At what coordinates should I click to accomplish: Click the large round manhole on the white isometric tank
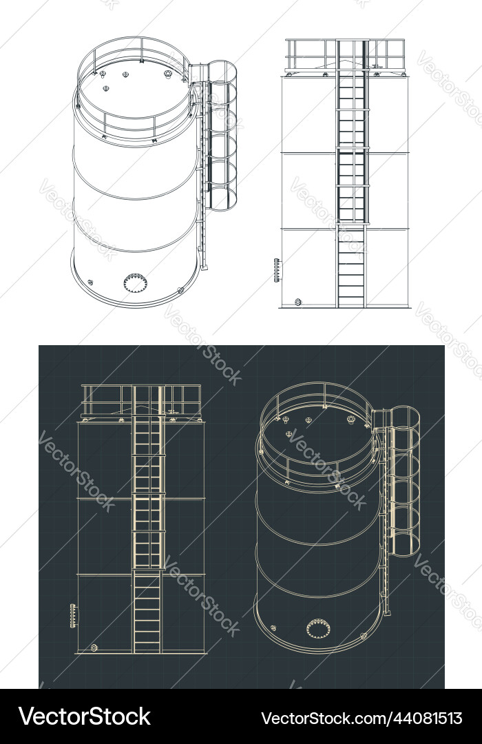point(136,282)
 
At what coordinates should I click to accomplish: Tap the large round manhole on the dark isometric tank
point(318,628)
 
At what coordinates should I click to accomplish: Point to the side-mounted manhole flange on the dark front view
point(74,614)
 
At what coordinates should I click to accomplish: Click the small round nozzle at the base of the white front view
point(298,302)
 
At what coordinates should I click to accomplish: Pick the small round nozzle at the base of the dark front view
point(94,648)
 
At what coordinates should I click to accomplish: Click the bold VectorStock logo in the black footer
point(85,716)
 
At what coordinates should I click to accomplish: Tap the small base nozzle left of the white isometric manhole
point(90,282)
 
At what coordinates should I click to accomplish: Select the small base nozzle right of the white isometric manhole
point(180,291)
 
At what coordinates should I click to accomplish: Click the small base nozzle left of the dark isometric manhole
point(273,628)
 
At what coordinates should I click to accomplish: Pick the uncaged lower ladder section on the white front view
point(351,265)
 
